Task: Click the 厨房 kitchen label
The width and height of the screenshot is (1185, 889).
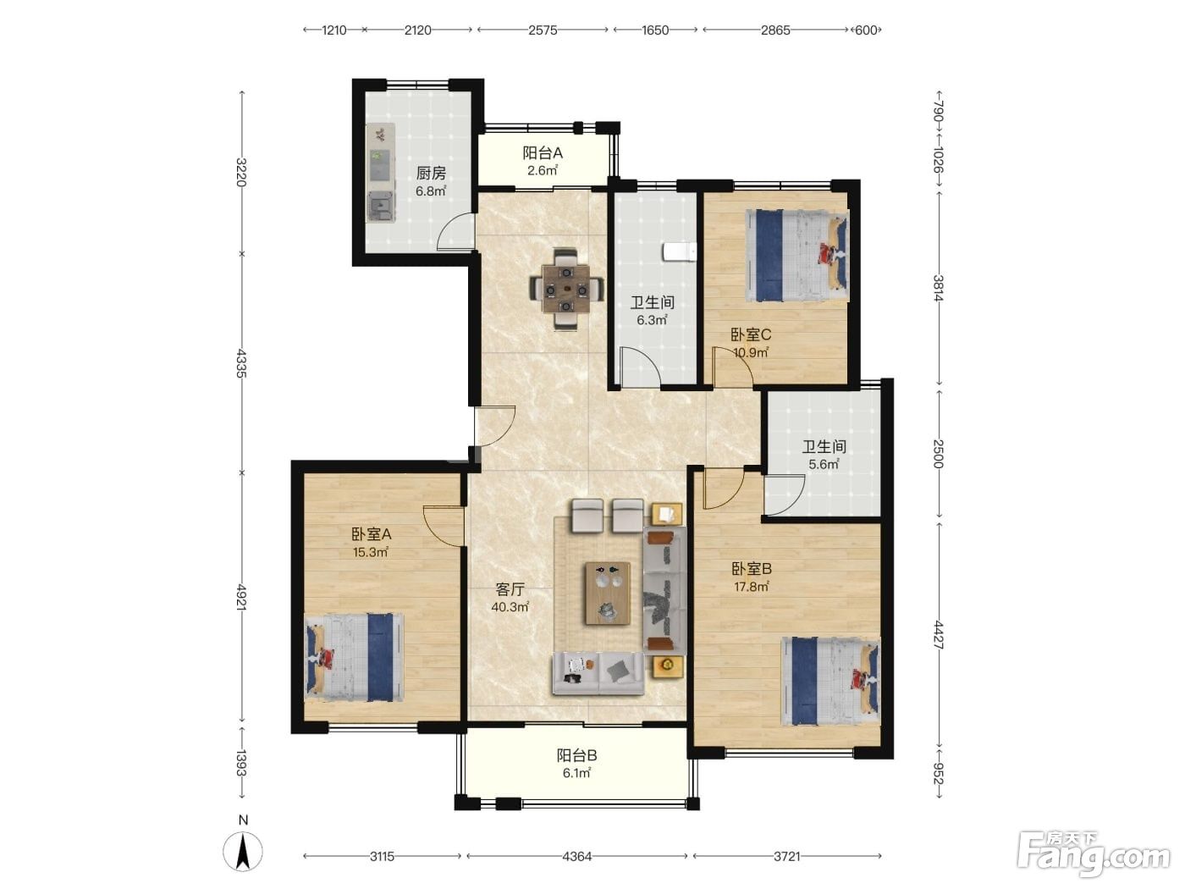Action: pyautogui.click(x=430, y=174)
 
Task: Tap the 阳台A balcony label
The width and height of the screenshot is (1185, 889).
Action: pyautogui.click(x=542, y=153)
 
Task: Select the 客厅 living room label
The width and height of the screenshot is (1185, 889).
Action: pyautogui.click(x=510, y=589)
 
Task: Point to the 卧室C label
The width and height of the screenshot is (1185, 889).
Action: pyautogui.click(x=751, y=334)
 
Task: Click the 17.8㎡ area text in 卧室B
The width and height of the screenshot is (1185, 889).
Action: pyautogui.click(x=751, y=586)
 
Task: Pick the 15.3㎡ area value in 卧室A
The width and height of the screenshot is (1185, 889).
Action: pyautogui.click(x=371, y=552)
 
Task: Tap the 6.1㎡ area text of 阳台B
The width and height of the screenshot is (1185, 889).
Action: pyautogui.click(x=576, y=773)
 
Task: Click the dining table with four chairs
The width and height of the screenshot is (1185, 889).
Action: pyautogui.click(x=565, y=290)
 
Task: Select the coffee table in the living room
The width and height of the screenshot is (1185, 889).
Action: pyautogui.click(x=608, y=593)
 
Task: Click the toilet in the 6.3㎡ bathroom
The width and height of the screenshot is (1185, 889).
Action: pyautogui.click(x=679, y=252)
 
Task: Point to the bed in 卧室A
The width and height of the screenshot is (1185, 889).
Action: pyautogui.click(x=354, y=657)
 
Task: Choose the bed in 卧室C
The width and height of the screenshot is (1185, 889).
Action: pyautogui.click(x=796, y=256)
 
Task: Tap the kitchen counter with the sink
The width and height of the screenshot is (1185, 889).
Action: pyautogui.click(x=381, y=173)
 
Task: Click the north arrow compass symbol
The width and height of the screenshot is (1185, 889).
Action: pyautogui.click(x=243, y=851)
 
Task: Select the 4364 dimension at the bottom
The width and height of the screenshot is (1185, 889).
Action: pyautogui.click(x=576, y=856)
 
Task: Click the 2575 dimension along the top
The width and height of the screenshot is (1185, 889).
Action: pyautogui.click(x=543, y=30)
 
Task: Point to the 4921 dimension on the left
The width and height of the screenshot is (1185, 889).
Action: pyautogui.click(x=241, y=597)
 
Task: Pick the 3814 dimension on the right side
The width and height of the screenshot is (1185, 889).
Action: pyautogui.click(x=939, y=288)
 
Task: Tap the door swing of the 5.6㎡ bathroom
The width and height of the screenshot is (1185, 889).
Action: pyautogui.click(x=784, y=494)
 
